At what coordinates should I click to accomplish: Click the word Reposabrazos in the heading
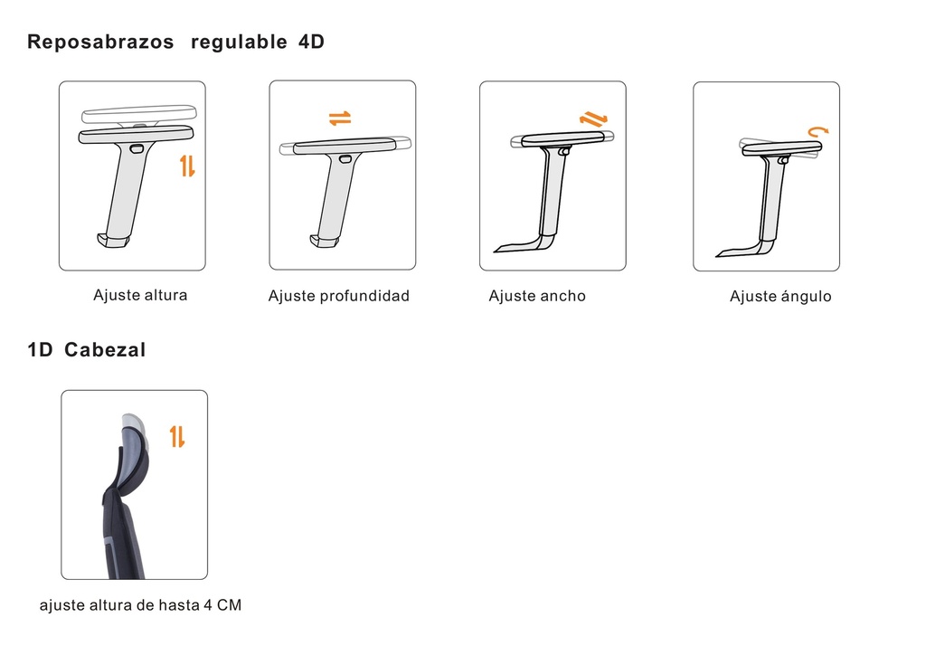click(x=100, y=43)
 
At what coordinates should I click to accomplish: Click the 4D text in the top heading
click(x=310, y=43)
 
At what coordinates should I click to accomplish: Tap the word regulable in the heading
click(x=236, y=43)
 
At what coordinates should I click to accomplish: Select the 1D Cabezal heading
click(x=87, y=350)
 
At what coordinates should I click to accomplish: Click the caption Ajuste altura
click(x=140, y=295)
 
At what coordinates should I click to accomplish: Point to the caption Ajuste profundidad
click(x=338, y=296)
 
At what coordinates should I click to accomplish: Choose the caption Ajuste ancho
click(x=537, y=296)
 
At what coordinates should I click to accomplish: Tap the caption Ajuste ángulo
click(x=780, y=297)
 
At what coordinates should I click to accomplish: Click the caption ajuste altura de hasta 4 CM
click(x=140, y=605)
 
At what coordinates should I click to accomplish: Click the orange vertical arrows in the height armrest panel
click(x=187, y=166)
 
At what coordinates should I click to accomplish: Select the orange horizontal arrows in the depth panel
click(x=339, y=119)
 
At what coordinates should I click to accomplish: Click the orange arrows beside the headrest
click(x=177, y=436)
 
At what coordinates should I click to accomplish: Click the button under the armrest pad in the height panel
click(x=137, y=147)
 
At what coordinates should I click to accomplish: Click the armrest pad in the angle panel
click(x=780, y=147)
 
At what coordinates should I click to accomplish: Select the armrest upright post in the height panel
click(x=123, y=190)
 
